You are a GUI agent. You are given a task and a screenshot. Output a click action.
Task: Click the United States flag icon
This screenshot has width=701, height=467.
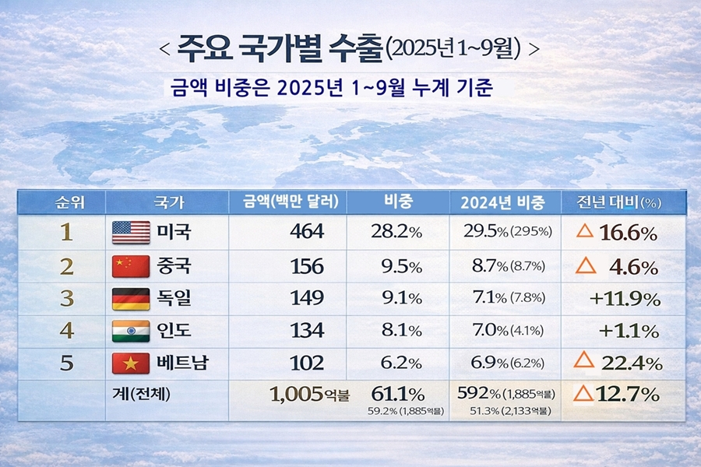(x=131, y=232)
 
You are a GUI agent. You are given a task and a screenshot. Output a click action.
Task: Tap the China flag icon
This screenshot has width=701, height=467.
(x=131, y=266)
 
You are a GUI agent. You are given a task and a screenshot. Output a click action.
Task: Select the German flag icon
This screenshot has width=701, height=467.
(x=131, y=299)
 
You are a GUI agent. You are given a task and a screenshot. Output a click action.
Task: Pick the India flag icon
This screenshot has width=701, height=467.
(x=131, y=331)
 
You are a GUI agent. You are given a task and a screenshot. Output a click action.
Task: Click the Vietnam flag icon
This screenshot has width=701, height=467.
(x=131, y=363)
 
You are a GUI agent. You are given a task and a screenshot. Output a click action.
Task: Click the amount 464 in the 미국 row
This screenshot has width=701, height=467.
(x=307, y=232)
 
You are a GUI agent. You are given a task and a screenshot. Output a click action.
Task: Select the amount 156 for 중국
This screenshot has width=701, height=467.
(x=307, y=266)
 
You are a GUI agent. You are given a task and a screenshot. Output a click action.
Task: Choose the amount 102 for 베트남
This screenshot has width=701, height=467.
(x=307, y=363)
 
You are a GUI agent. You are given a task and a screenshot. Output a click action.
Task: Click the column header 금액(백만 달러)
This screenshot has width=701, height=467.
(x=286, y=202)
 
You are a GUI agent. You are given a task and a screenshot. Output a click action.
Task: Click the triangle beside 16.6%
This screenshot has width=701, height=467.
(x=586, y=231)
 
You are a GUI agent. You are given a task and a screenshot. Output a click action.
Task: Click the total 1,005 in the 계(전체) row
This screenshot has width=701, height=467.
(x=297, y=394)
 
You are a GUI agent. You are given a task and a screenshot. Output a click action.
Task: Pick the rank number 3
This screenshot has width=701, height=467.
(x=67, y=299)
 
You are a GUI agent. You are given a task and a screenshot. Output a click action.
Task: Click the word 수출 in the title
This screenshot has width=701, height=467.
(x=356, y=47)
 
